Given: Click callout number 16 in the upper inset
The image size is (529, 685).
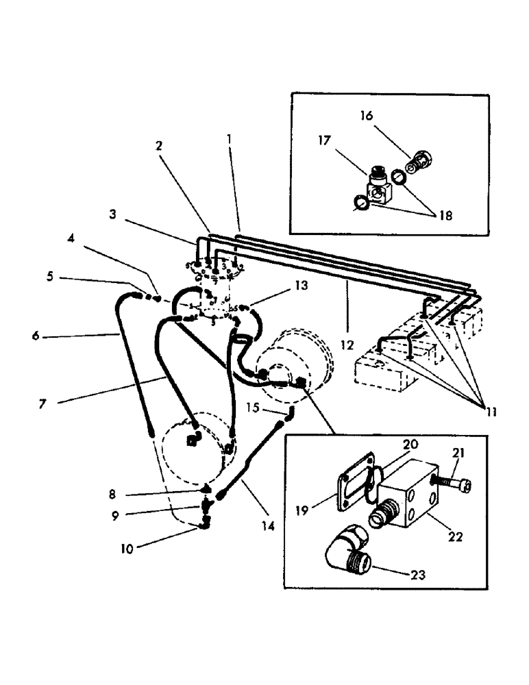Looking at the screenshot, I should (367, 116).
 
